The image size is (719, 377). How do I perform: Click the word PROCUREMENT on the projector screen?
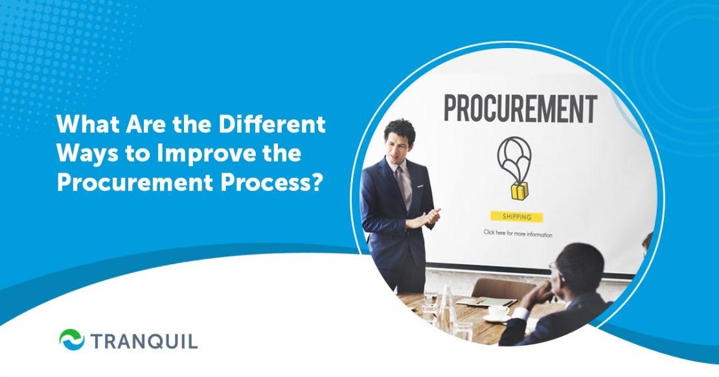[x=519, y=109]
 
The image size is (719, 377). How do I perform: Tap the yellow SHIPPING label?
[x=516, y=217]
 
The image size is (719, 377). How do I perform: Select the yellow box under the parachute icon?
[x=518, y=190]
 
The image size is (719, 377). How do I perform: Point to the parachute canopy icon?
[x=513, y=153]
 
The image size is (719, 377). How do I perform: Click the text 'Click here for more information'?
[x=518, y=233]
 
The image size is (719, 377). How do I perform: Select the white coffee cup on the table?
[x=498, y=311]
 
